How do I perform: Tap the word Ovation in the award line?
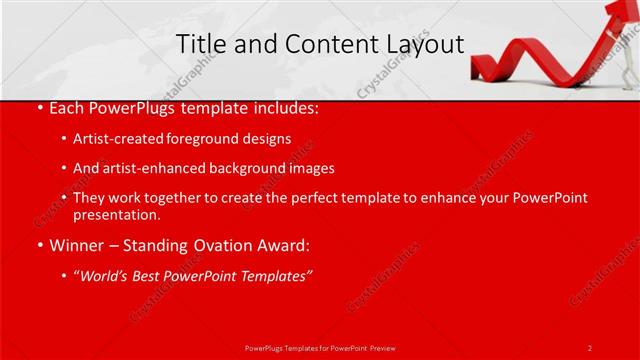(x=182, y=244)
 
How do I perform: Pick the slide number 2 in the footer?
(x=590, y=347)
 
